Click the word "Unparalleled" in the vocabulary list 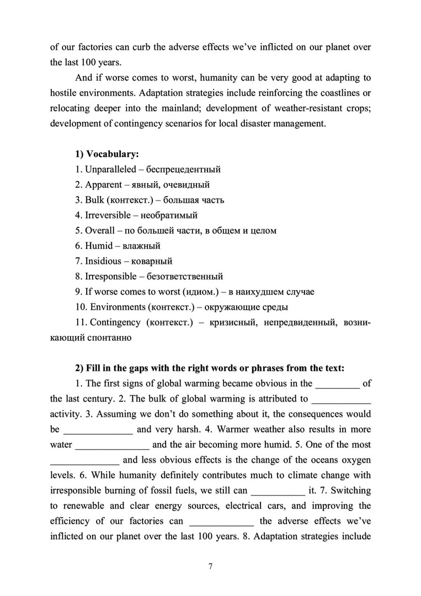111,169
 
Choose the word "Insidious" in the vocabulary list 103,261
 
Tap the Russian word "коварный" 151,261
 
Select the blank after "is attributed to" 342,398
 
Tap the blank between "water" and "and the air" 112,444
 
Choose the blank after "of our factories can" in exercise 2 221,521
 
